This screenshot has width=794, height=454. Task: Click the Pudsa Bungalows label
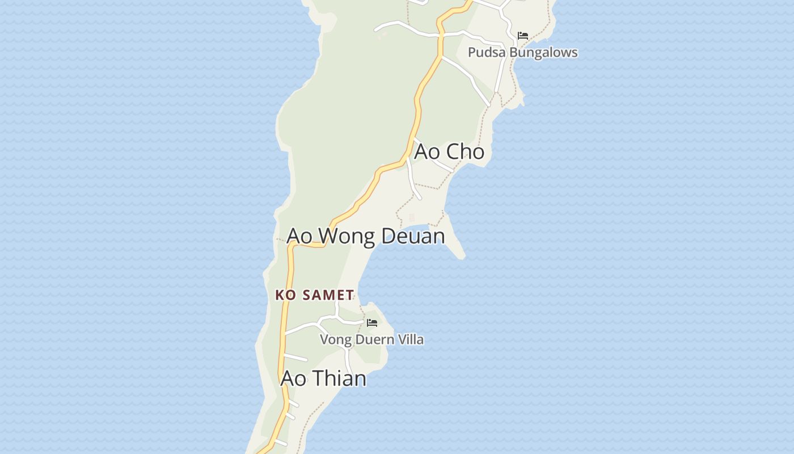[522, 52]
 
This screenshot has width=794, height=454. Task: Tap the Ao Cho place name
[449, 152]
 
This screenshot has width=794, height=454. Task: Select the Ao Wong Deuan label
[366, 236]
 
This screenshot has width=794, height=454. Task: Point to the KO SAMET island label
[315, 295]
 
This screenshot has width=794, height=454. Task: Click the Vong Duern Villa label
[371, 339]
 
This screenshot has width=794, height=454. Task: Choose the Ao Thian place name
[323, 378]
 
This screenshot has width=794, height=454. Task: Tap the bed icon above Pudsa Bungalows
[523, 35]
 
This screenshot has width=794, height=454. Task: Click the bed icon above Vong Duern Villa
[372, 322]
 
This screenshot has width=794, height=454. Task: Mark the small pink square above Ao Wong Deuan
[412, 217]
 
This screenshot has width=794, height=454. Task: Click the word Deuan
[413, 236]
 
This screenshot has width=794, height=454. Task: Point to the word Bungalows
[542, 52]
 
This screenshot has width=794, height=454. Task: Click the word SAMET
[328, 295]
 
